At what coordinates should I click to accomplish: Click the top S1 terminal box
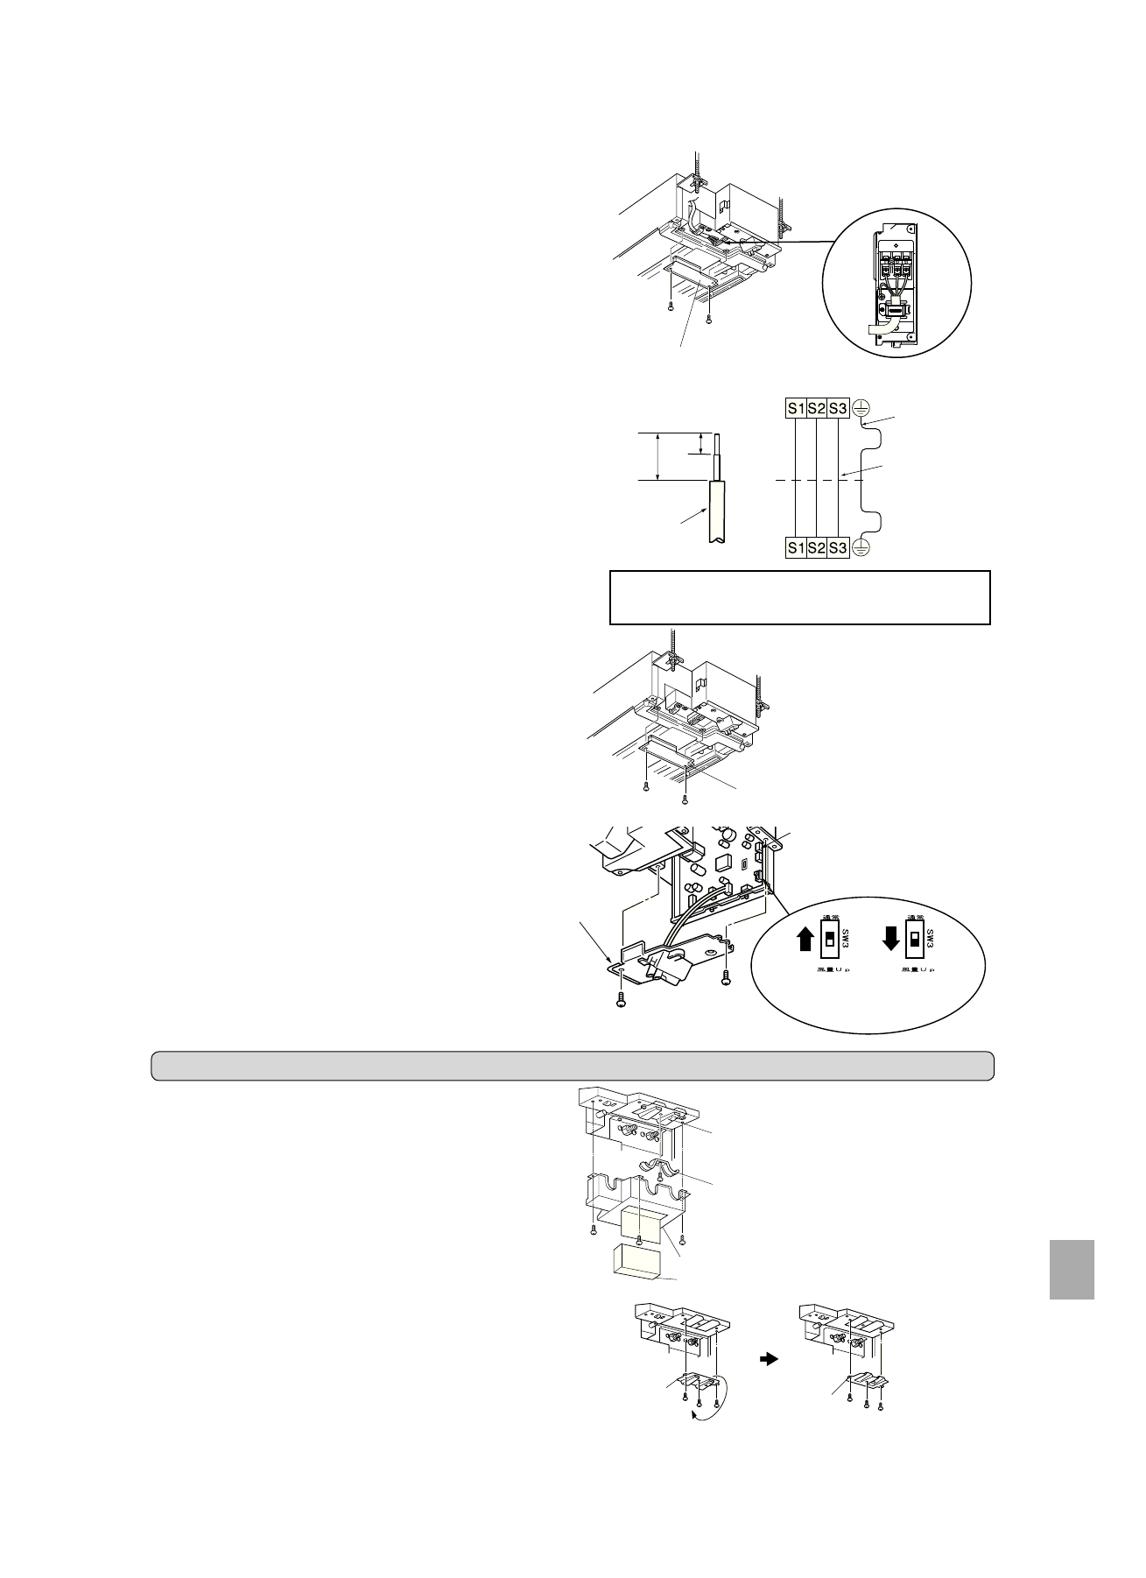pyautogui.click(x=795, y=407)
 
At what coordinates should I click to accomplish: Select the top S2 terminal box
pyautogui.click(x=816, y=407)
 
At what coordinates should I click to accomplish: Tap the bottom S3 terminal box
pyautogui.click(x=838, y=547)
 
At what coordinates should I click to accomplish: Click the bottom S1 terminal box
pyautogui.click(x=795, y=547)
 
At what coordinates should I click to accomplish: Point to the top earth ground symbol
pyautogui.click(x=860, y=407)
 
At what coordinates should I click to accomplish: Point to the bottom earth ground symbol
pyautogui.click(x=860, y=547)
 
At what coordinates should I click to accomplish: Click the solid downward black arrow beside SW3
pyautogui.click(x=890, y=939)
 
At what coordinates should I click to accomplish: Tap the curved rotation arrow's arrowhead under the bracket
pyautogui.click(x=695, y=1415)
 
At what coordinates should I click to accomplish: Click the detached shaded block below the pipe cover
pyautogui.click(x=636, y=1265)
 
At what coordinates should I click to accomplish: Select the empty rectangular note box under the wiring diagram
pyautogui.click(x=799, y=597)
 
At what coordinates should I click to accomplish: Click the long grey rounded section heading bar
pyautogui.click(x=573, y=1065)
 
